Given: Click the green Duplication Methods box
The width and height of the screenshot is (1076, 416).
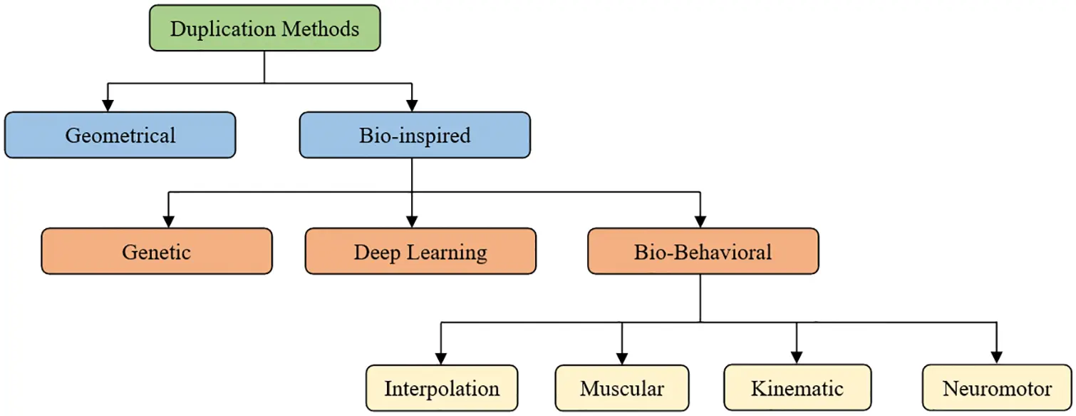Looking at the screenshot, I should [264, 29].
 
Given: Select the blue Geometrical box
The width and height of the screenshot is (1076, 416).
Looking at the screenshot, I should [120, 135].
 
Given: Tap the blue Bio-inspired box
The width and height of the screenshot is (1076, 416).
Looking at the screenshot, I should [414, 135].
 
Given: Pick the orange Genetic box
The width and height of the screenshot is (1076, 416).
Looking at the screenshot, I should [156, 251].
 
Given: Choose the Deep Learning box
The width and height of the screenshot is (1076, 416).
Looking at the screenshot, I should [420, 251].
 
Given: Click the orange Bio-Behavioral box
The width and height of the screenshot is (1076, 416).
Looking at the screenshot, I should [703, 251].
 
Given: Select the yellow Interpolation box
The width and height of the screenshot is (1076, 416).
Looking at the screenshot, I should [442, 388].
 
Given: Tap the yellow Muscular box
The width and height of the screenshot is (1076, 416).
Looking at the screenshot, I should [621, 388].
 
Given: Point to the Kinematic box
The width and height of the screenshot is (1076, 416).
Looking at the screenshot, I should [797, 388].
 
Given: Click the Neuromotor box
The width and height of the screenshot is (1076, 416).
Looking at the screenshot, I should [996, 388].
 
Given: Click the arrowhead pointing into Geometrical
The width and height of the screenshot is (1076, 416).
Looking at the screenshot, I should [108, 105].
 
